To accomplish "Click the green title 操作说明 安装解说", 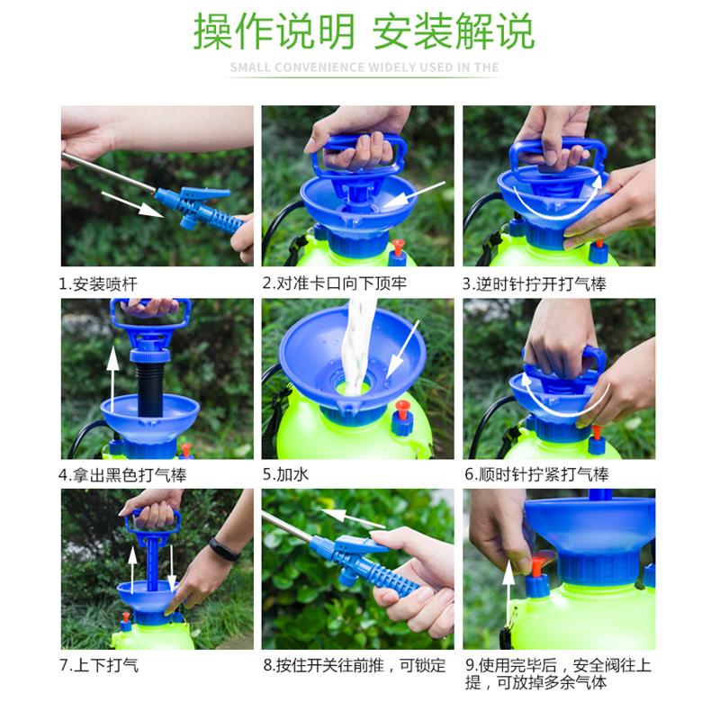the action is [x=364, y=31].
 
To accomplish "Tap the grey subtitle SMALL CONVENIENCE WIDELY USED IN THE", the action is [x=364, y=67].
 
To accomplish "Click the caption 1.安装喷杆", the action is [x=98, y=284].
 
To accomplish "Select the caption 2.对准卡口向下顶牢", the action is [x=334, y=283].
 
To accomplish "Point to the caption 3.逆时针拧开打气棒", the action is [x=535, y=284].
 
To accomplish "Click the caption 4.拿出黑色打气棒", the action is [x=122, y=474].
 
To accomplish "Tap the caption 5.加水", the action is [x=285, y=474].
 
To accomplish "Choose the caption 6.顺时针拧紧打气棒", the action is [x=536, y=474].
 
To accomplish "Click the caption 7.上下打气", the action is [x=99, y=665].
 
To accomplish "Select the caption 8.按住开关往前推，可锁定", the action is [x=355, y=665].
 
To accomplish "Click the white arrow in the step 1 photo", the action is [x=132, y=204].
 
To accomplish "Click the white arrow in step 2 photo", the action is [x=413, y=195].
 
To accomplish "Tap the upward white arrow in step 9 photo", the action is [x=508, y=592].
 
